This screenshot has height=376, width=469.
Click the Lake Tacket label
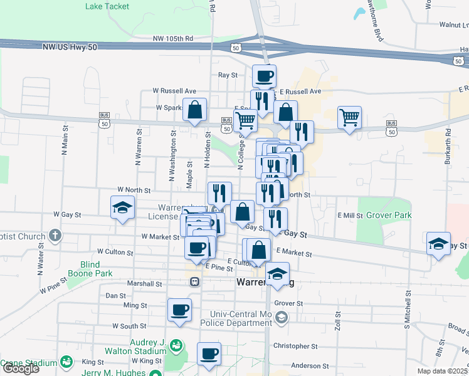[x=107, y=6]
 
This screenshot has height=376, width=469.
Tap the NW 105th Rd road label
[x=172, y=38]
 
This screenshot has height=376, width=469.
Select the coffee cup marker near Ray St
[x=264, y=76]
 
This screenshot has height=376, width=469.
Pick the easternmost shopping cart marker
[x=349, y=117]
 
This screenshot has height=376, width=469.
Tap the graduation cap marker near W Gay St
[x=122, y=208]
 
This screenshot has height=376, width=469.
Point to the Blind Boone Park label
[x=96, y=269]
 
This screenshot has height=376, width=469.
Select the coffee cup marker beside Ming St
[x=179, y=310]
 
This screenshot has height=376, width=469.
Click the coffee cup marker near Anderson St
[x=209, y=353]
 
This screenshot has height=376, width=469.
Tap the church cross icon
[x=55, y=236]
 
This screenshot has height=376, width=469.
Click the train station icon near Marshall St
[x=195, y=282]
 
